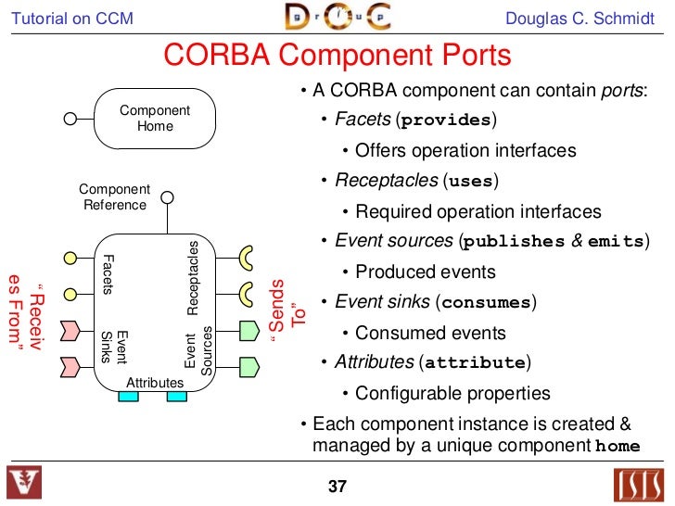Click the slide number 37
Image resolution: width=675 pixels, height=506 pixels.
(337, 486)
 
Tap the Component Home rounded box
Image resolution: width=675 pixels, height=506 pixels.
(155, 118)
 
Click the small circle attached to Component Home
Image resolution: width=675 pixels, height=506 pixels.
(70, 119)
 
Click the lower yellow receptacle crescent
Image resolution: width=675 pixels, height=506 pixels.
(247, 293)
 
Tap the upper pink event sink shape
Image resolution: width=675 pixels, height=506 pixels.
(70, 329)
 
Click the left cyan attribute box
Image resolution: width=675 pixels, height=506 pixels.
(128, 396)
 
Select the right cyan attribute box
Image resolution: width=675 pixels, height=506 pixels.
(176, 396)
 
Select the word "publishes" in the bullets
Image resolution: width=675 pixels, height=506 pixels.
(514, 242)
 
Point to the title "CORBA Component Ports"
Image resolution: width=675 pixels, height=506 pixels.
(337, 56)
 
